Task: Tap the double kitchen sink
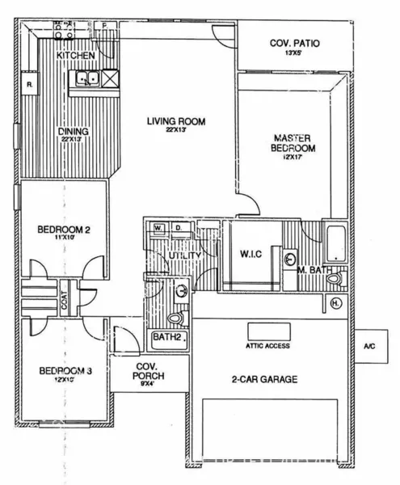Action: [87, 78]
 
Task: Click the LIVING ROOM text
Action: [176, 121]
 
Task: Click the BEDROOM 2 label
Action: [63, 230]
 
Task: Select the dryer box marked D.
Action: [176, 228]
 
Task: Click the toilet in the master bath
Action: [335, 279]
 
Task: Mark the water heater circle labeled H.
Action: [336, 304]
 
